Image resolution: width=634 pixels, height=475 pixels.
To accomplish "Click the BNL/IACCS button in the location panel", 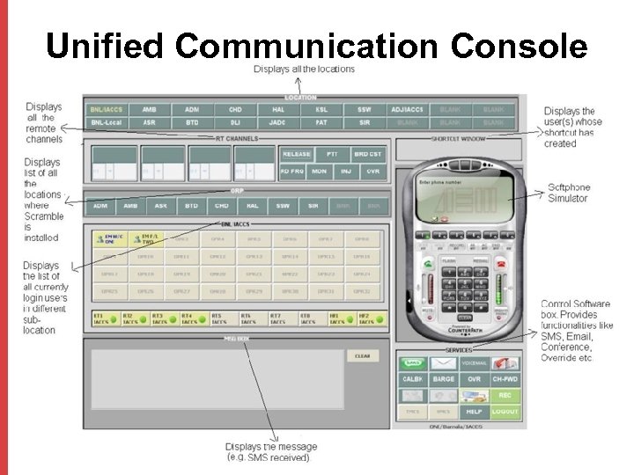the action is pos(107,109).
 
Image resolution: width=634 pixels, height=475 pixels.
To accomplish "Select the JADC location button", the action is pos(277,122).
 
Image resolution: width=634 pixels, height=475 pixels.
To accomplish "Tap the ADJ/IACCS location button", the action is pos(407,109).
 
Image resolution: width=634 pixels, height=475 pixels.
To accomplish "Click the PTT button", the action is pos(332,154).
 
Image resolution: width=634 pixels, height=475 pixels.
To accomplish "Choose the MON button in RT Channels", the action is pos(319,172).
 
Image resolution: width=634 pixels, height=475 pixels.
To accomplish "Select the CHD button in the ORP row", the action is pos(221,205).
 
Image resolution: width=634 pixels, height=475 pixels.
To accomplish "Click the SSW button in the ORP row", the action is pos(282,205).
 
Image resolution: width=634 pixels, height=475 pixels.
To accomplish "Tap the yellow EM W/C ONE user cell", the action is pos(110,238).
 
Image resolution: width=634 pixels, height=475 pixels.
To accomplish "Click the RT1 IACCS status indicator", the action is pos(105,318).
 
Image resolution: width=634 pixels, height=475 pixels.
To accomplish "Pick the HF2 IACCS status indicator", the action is pos(369,318).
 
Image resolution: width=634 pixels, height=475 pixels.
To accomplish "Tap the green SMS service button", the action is pos(412,362).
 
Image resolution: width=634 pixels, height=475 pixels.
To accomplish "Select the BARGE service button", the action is pos(444,379).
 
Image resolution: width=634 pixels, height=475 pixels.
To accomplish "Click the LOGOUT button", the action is pos(505,411).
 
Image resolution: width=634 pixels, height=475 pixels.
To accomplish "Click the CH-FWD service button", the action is pos(505,379).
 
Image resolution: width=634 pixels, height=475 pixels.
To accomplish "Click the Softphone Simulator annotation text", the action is pos(569,193).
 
